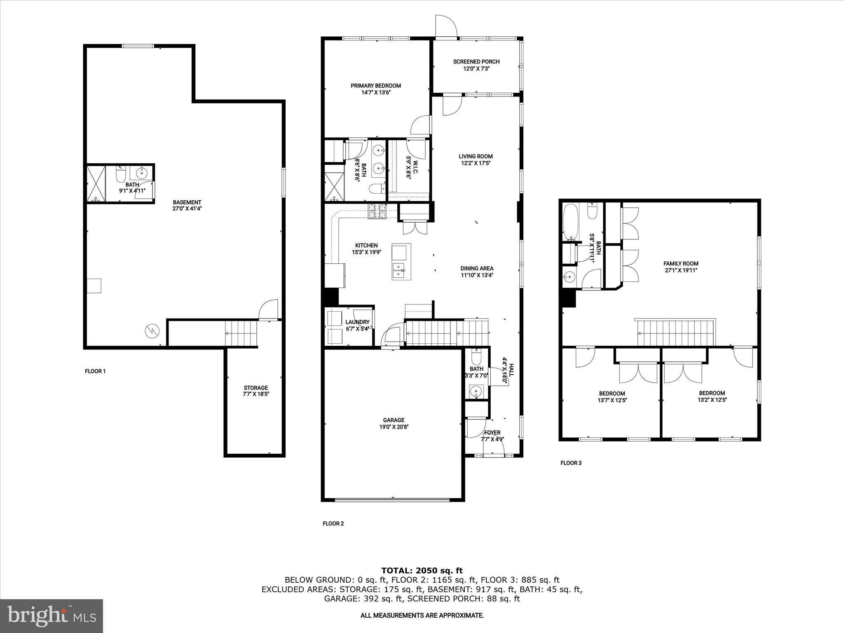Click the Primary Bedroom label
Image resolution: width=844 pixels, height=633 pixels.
[x=375, y=86]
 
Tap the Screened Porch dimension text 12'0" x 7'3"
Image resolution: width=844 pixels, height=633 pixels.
[x=476, y=69]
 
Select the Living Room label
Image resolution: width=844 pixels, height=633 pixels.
[x=476, y=156]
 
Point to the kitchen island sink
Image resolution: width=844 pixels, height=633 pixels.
[x=399, y=270]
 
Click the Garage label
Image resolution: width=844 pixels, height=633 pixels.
[x=394, y=420]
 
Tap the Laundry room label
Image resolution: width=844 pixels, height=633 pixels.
[x=357, y=322]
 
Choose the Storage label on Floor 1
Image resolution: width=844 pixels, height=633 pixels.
[x=256, y=388]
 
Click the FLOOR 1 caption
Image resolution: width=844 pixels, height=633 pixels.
[x=95, y=371]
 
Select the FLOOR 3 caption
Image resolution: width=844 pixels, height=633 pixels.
[x=571, y=463]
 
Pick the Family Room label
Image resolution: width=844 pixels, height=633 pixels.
[x=680, y=264]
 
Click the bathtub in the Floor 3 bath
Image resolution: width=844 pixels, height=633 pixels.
[x=571, y=222]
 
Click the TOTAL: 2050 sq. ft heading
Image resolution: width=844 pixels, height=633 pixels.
[x=422, y=570]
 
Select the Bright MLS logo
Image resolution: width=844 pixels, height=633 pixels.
[x=52, y=616]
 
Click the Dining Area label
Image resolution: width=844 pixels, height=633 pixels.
[x=477, y=268]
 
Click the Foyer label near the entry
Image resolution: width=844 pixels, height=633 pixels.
[x=492, y=432]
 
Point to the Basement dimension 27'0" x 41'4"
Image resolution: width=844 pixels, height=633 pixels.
[x=187, y=209]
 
